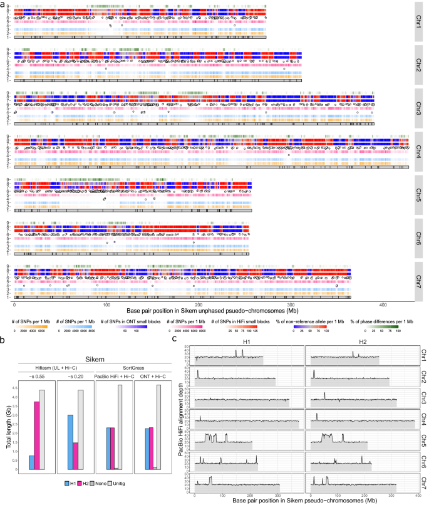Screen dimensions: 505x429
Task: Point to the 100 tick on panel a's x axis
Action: (107, 305)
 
